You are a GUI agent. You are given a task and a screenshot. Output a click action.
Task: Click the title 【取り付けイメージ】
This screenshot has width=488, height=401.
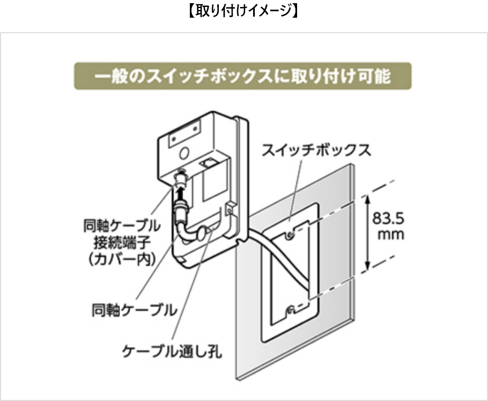coord(243,11)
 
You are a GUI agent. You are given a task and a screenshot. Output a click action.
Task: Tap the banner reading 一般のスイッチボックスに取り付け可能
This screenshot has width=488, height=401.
coord(243,76)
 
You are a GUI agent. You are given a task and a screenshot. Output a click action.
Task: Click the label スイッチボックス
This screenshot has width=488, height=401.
coord(316,150)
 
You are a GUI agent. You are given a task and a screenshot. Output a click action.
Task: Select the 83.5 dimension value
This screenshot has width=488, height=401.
coord(388,218)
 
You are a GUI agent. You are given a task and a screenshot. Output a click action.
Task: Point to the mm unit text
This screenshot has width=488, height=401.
coord(391,234)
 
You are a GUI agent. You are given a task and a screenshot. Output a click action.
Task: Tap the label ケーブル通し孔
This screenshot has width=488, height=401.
coord(172,352)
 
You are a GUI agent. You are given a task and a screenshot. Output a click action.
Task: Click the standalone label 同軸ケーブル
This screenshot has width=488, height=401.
coord(134,310)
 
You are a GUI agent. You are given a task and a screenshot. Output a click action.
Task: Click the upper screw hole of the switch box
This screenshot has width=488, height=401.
coord(290,235)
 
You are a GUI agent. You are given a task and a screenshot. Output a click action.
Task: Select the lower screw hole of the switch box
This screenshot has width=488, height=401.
coord(290,310)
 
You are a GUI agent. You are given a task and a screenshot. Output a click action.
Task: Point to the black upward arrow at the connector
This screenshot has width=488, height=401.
coord(179,195)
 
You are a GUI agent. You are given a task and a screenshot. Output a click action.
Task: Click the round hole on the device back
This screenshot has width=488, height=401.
coord(184,153)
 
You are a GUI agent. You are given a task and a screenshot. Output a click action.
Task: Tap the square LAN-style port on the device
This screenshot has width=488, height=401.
coord(206,164)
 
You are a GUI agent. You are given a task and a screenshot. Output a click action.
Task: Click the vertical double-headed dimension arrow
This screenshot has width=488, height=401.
coord(367,232)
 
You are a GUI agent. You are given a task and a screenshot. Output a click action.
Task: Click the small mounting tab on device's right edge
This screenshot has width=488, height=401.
coord(230,208)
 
